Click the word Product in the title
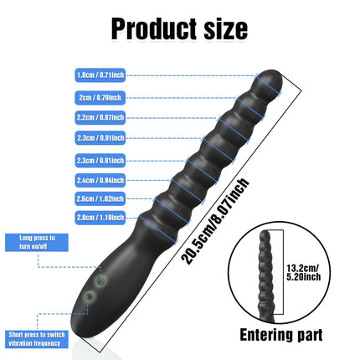[154, 29]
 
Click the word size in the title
[226, 29]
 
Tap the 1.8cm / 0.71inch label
[100, 75]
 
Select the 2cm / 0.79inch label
[100, 98]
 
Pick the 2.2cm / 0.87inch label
[100, 117]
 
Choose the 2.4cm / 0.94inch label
[100, 180]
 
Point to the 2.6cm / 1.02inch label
[100, 198]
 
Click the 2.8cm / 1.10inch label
[100, 218]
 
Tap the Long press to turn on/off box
[37, 242]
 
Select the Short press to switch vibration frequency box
[37, 339]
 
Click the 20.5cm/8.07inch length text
[215, 221]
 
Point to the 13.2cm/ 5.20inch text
[304, 273]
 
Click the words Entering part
[281, 335]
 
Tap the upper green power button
[100, 280]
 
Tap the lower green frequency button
[90, 296]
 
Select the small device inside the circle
[266, 275]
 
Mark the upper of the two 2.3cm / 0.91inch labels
[100, 138]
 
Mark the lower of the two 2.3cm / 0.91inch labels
[100, 161]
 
